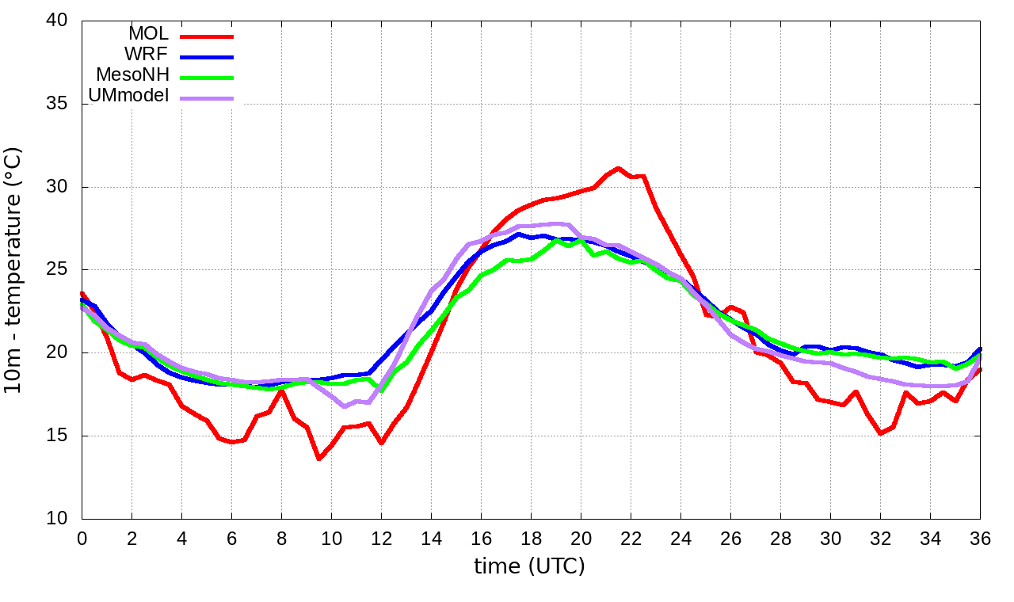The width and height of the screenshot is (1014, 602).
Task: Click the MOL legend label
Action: tap(148, 34)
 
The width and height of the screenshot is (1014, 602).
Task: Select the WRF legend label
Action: tap(147, 55)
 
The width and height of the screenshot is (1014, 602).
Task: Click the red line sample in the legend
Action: tap(207, 36)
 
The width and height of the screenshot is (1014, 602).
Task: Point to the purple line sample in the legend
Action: tap(207, 98)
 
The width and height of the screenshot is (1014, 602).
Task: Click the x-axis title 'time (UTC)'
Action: tap(529, 566)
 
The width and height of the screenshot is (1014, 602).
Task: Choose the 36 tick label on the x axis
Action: tap(981, 538)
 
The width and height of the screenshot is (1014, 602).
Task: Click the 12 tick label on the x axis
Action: tap(381, 538)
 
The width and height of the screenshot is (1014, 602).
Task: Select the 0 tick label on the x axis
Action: tap(82, 538)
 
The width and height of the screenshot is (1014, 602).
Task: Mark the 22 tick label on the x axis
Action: tap(631, 538)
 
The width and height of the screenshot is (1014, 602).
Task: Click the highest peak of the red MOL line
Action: tap(618, 168)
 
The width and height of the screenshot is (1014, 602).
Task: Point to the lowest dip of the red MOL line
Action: tap(318, 459)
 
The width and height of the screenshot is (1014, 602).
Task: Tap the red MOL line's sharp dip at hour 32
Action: tap(880, 433)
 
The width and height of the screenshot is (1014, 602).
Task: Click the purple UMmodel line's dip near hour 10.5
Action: tap(344, 406)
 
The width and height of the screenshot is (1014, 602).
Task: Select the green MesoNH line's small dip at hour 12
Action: tap(382, 390)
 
